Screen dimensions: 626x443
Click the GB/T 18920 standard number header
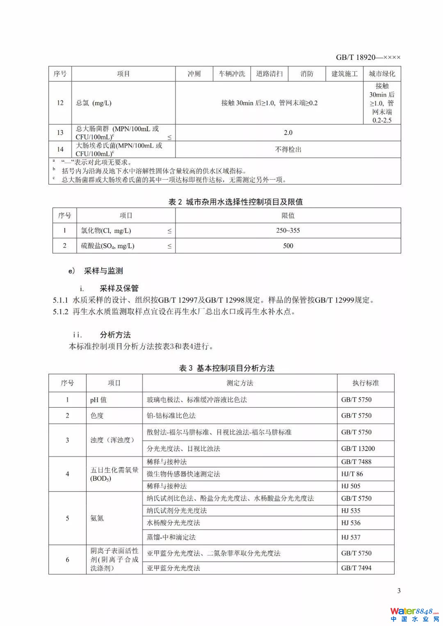[x=368, y=57]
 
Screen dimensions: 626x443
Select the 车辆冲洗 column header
[x=232, y=74]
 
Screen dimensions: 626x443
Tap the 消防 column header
[x=307, y=74]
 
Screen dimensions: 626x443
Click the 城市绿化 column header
[x=382, y=74]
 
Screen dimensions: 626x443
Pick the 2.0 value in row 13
[x=288, y=133]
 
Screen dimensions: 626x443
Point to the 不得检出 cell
[x=288, y=149]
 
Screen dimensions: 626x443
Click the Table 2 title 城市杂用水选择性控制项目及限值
[x=235, y=202]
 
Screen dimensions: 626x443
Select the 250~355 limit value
[x=288, y=231]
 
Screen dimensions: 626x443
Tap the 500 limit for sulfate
[x=288, y=246]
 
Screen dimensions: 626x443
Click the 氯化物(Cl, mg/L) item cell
[x=106, y=231]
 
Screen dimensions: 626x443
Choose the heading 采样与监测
[x=103, y=271]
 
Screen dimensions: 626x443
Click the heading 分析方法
[x=115, y=335]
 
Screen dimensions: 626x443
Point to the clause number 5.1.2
[x=60, y=312]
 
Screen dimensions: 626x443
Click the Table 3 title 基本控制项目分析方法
[x=227, y=368]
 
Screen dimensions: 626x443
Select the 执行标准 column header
[x=365, y=383]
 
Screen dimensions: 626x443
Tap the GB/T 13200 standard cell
[x=358, y=448]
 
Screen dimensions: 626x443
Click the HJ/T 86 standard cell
[x=352, y=474]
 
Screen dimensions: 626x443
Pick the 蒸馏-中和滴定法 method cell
[x=171, y=537]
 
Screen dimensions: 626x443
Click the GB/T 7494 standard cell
[x=356, y=568]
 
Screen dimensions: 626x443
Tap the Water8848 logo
[x=414, y=614]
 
